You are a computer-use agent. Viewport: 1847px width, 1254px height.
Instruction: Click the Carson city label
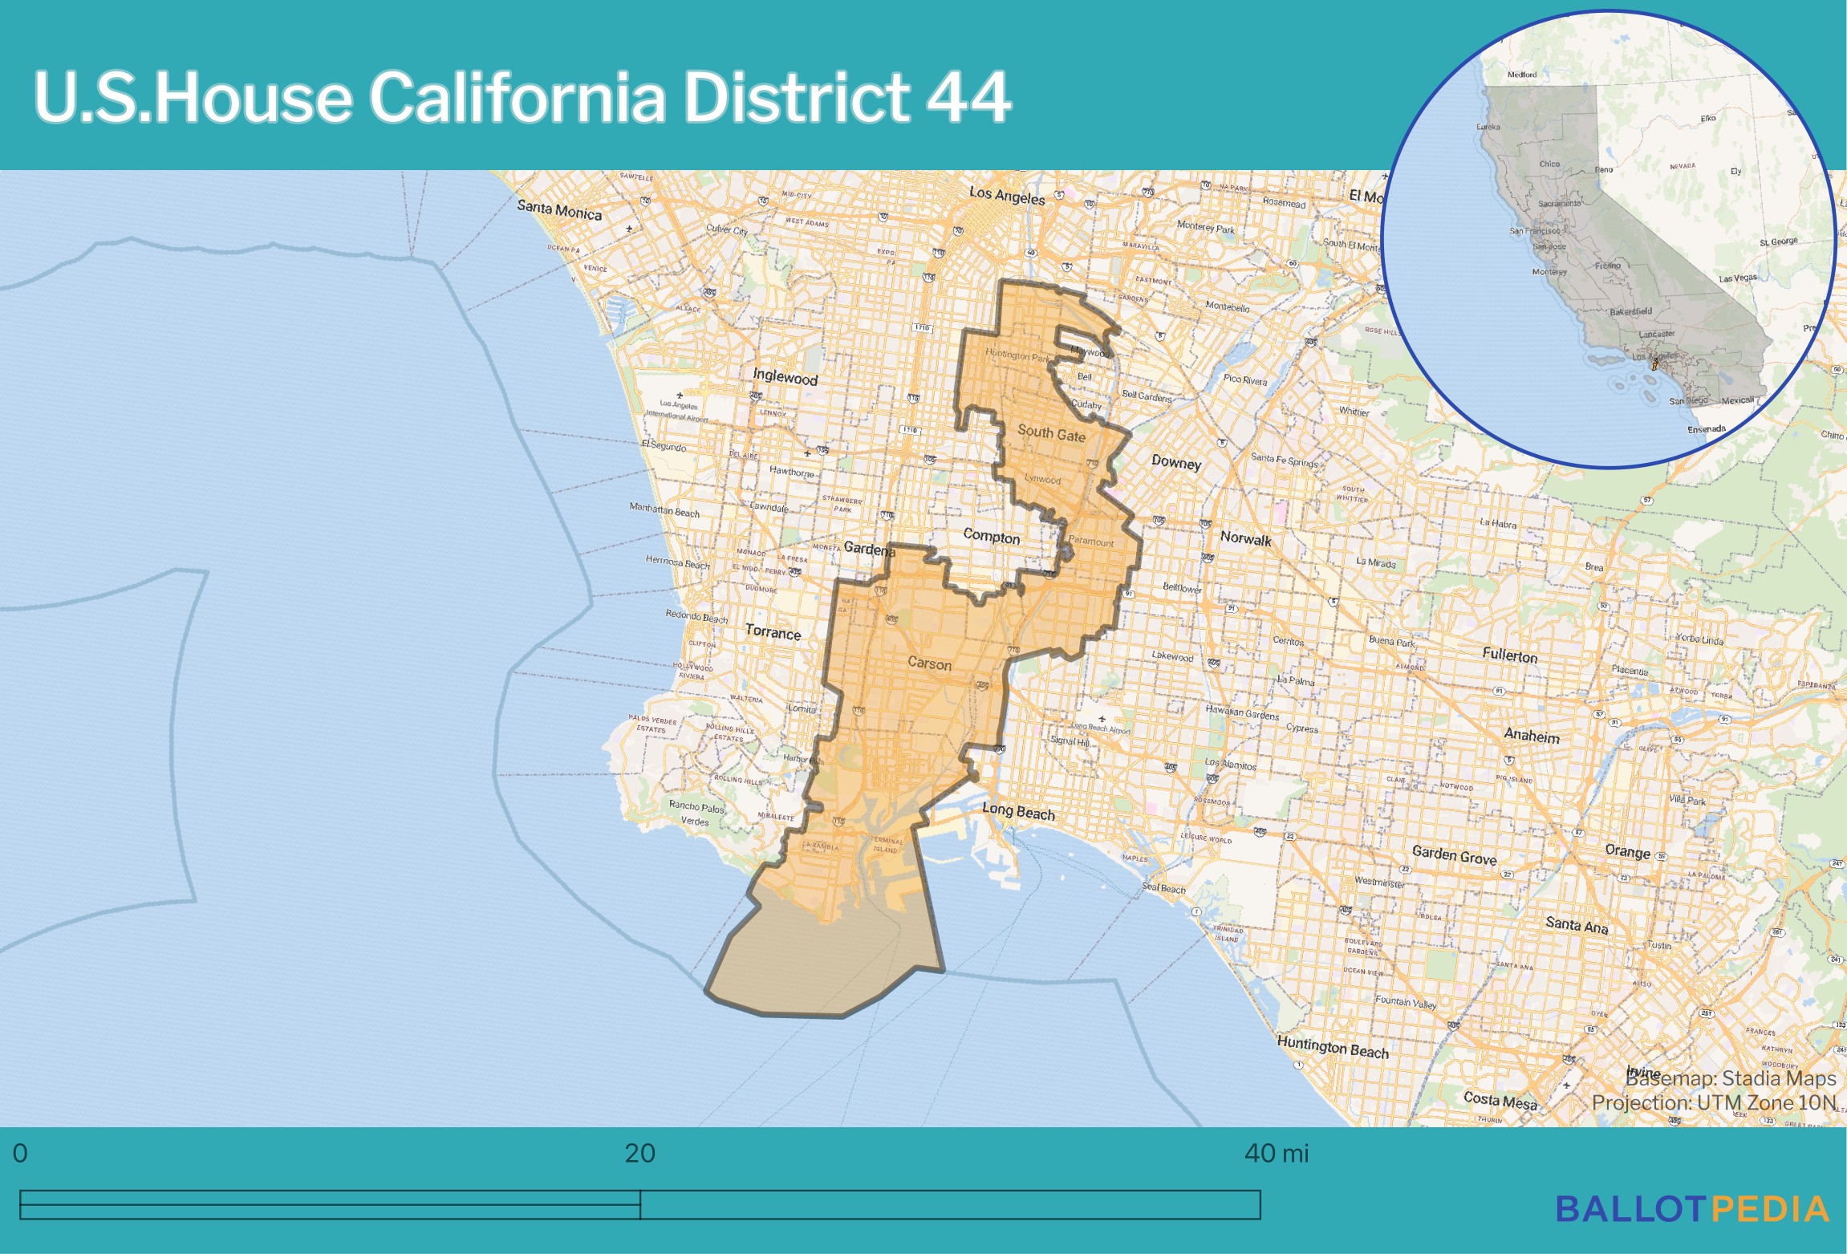[x=929, y=664]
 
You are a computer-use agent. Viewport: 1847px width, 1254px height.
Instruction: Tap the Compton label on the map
[x=991, y=536]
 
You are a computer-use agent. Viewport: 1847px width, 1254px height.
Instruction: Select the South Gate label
[x=1051, y=434]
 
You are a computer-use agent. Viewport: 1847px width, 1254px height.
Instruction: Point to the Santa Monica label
[x=559, y=210]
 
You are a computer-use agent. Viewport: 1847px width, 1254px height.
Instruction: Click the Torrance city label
[x=773, y=632]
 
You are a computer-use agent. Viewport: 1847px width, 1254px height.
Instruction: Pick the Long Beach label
[x=1018, y=812]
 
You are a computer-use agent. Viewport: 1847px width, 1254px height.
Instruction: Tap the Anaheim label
[x=1531, y=736]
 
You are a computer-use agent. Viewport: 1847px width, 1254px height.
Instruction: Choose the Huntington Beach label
[x=1332, y=1047]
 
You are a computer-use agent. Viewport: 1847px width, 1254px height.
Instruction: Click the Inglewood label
[x=785, y=377]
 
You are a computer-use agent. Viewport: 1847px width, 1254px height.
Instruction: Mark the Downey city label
[x=1176, y=462]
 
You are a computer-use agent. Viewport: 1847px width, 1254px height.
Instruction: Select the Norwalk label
[x=1245, y=538]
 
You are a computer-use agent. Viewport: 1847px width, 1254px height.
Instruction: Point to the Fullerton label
[x=1509, y=655]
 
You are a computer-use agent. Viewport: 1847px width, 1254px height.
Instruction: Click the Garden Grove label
[x=1454, y=855]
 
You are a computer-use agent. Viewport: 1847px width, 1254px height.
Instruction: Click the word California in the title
[x=517, y=98]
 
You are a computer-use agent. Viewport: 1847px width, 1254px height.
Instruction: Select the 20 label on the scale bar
[x=639, y=1154]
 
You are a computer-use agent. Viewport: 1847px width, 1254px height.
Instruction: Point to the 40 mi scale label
[x=1276, y=1154]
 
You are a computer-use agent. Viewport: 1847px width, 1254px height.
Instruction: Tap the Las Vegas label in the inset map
[x=1737, y=278]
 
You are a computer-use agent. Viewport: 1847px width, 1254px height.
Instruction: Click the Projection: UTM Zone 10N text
[x=1713, y=1102]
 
